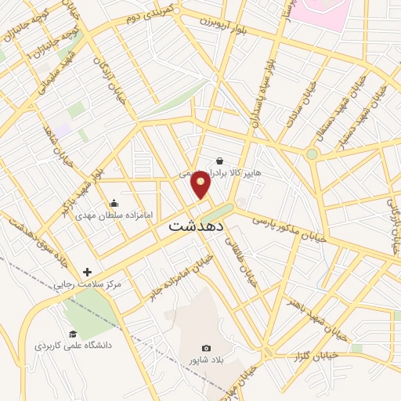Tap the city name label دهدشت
(197, 226)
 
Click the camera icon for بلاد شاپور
(206, 348)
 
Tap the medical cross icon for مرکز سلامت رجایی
(87, 272)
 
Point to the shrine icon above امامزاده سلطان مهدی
(114, 202)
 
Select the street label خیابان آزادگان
(104, 79)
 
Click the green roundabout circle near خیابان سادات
(312, 154)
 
